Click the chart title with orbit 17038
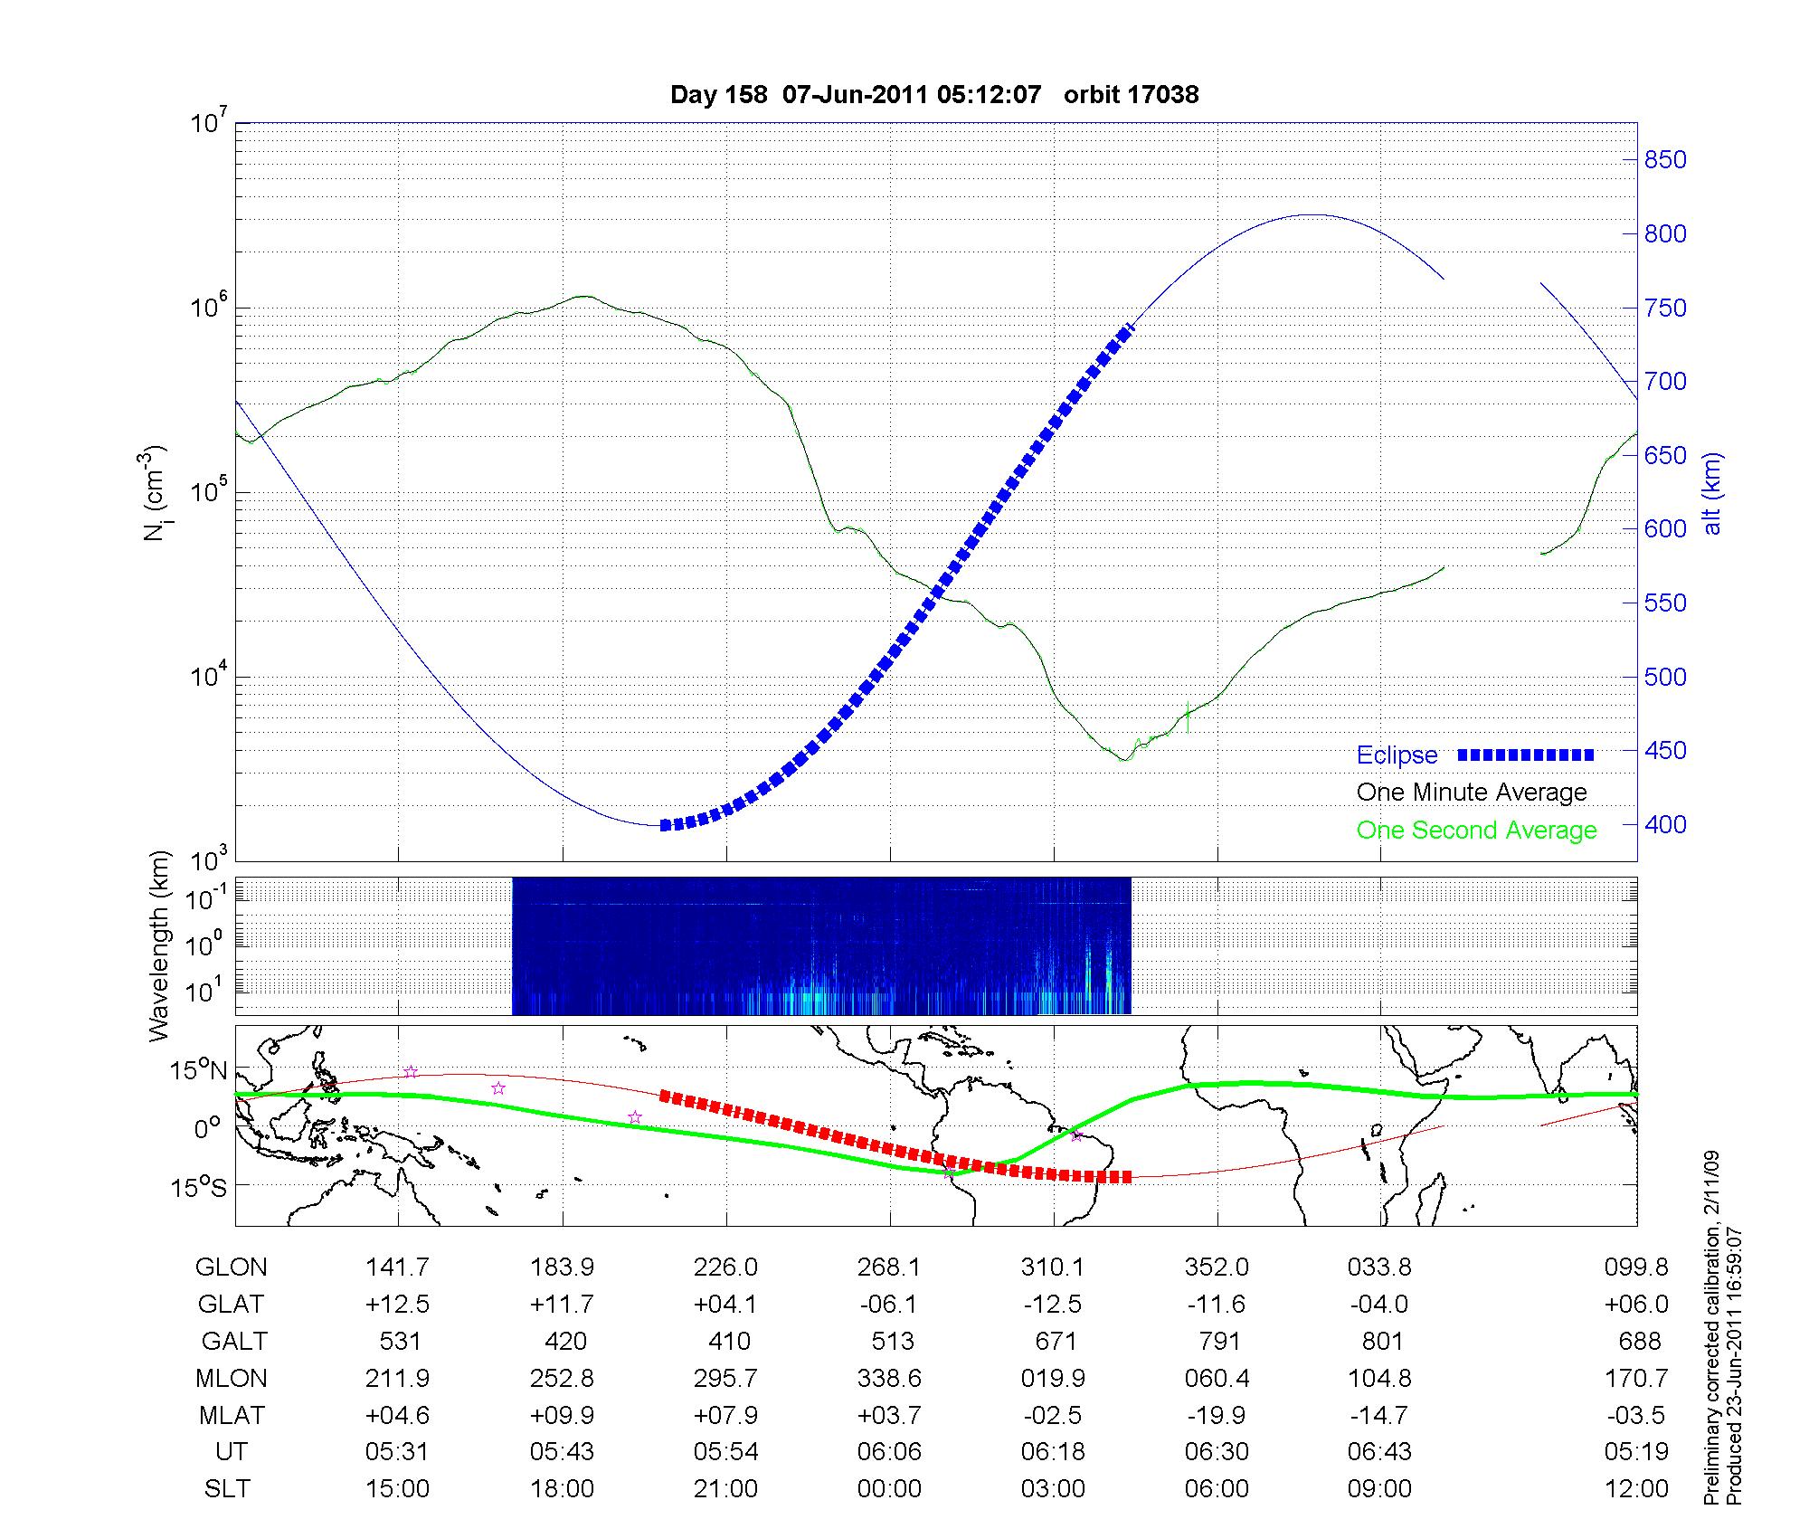click(933, 95)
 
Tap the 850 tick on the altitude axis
click(1664, 160)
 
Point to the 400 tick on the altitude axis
click(1664, 824)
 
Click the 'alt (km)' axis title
click(1711, 493)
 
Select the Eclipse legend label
click(1397, 755)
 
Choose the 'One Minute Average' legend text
click(1472, 793)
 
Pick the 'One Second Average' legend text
click(1476, 831)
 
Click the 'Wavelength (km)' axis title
click(160, 945)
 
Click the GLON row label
click(231, 1267)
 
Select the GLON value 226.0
click(725, 1267)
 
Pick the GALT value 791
click(1217, 1341)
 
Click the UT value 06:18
click(1053, 1452)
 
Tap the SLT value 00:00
click(889, 1489)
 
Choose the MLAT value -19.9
click(1217, 1415)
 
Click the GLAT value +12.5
click(398, 1305)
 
